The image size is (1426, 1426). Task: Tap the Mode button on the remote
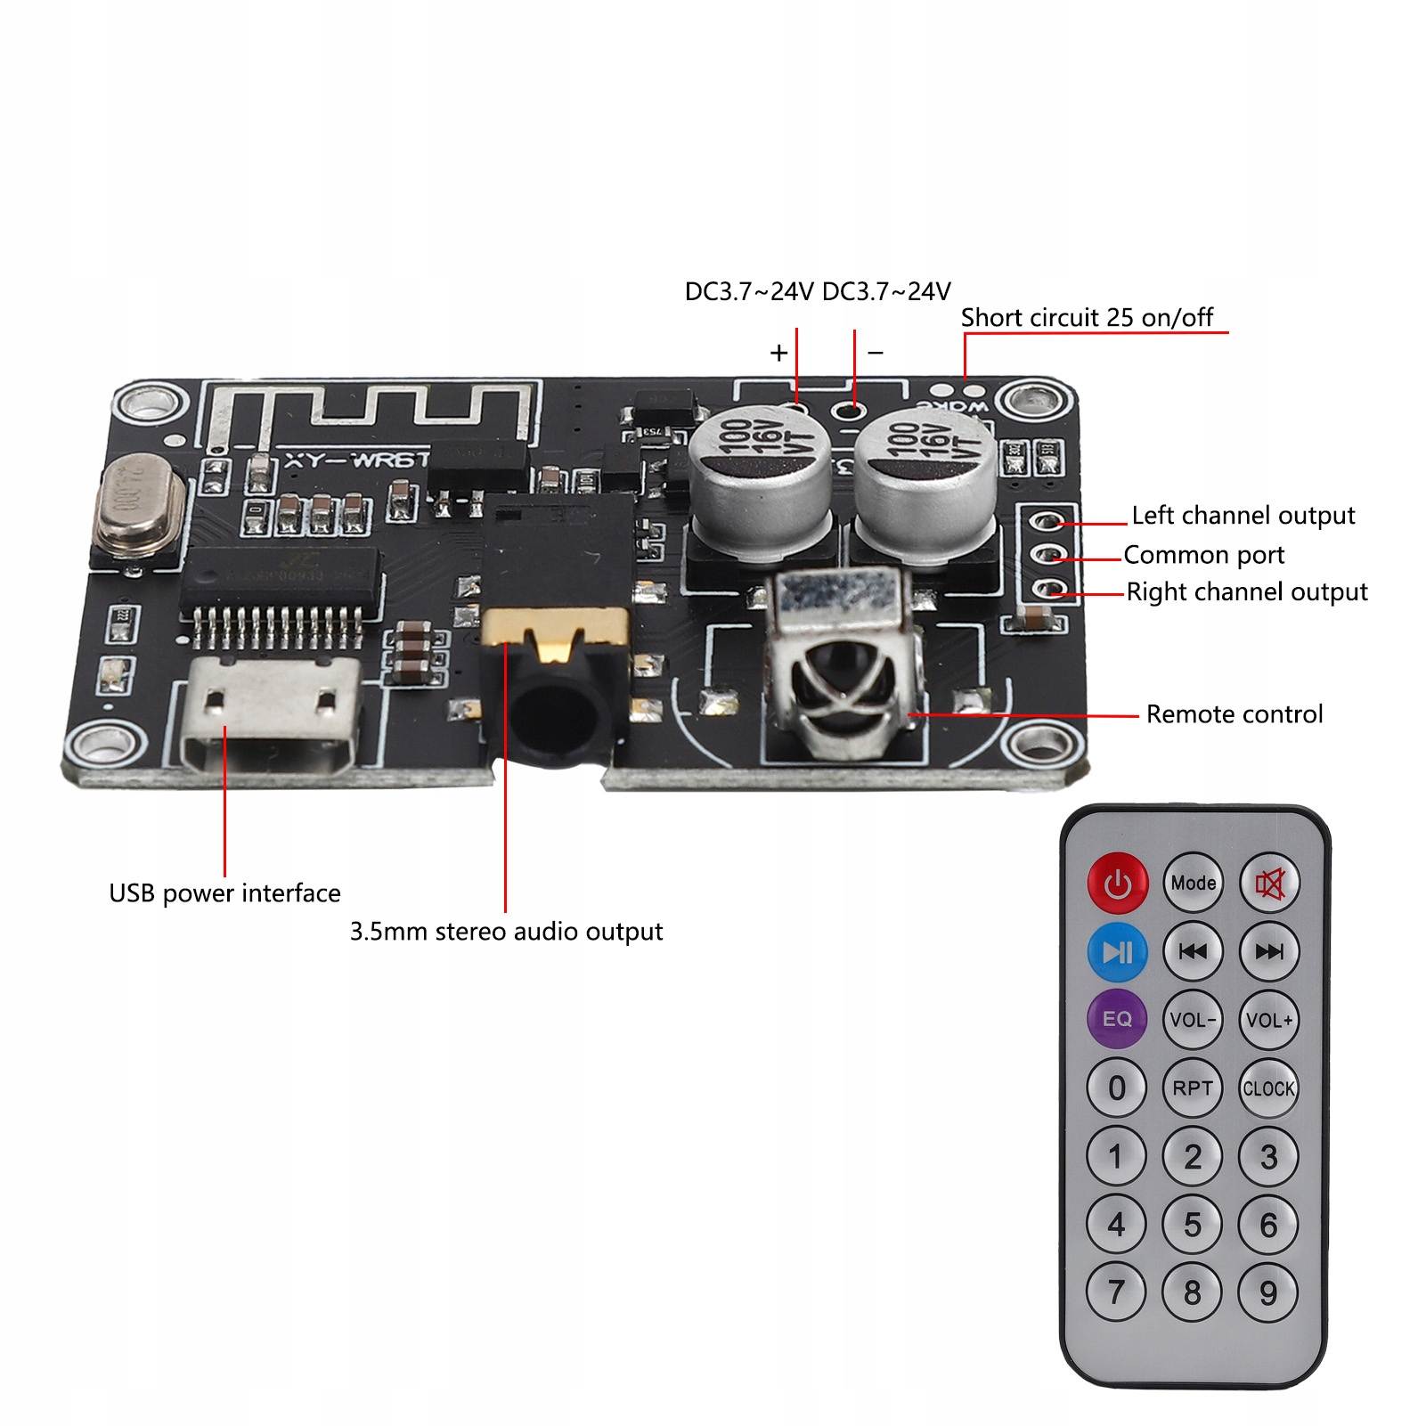tap(1193, 883)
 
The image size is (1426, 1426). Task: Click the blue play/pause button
tap(1117, 951)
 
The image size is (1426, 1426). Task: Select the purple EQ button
tap(1117, 1019)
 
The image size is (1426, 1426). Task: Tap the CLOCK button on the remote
tap(1268, 1088)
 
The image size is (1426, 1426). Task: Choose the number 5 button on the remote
tap(1193, 1225)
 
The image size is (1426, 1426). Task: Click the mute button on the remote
tap(1269, 883)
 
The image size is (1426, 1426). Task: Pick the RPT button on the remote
tap(1193, 1088)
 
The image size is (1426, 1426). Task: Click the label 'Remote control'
tap(1234, 714)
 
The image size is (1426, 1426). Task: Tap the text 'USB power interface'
tap(224, 893)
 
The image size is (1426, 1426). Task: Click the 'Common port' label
tap(1203, 555)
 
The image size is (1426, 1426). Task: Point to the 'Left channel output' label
tap(1243, 516)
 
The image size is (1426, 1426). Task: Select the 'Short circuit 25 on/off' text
tap(1087, 318)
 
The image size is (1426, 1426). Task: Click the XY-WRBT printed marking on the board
tap(356, 460)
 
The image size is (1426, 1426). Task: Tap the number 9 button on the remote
tap(1268, 1292)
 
